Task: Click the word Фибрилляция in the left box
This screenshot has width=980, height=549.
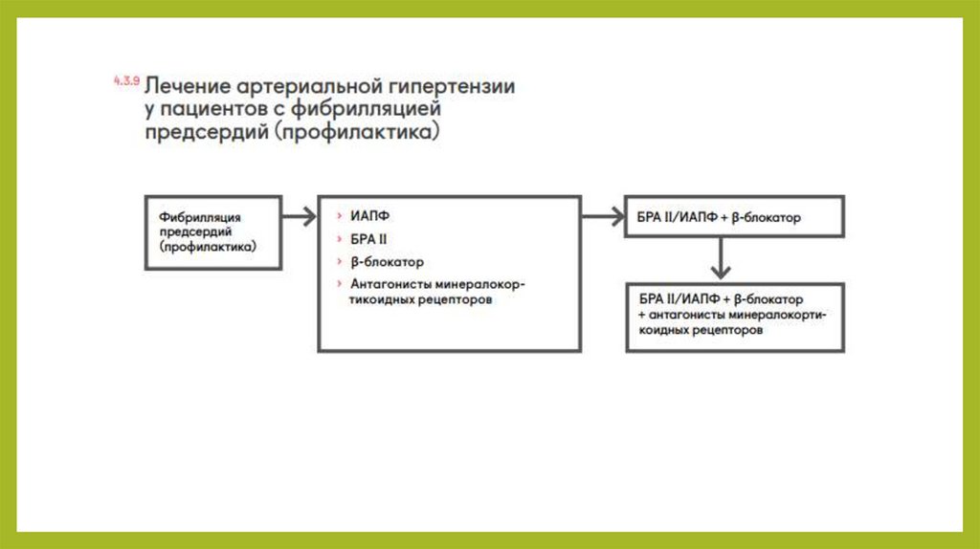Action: (200, 217)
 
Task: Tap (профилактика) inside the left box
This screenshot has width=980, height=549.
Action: (207, 247)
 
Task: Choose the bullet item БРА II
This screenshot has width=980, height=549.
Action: (368, 239)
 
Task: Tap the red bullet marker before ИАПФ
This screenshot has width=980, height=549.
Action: (340, 217)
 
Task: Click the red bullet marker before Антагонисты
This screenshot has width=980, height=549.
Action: (340, 284)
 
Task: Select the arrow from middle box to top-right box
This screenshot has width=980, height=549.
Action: (602, 217)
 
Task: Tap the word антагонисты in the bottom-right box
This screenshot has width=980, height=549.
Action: (684, 314)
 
